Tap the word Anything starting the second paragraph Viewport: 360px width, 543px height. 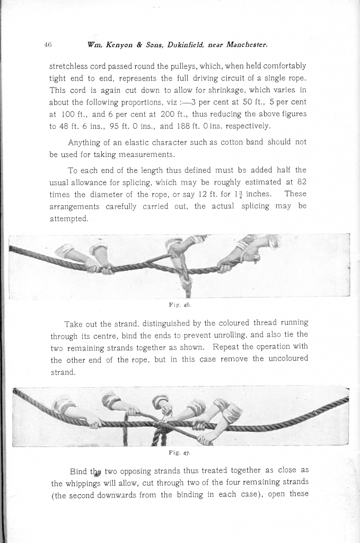(x=86, y=143)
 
